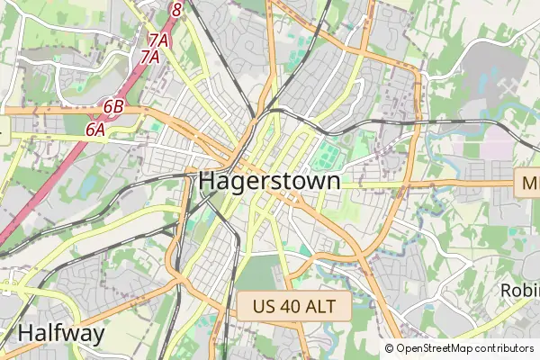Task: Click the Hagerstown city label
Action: pos(269,181)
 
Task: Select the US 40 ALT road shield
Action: pos(294,306)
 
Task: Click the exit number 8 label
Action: pos(176,10)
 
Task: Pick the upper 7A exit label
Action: pos(158,40)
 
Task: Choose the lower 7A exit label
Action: pos(149,57)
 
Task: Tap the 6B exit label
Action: pos(113,106)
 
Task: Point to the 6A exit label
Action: pos(95,130)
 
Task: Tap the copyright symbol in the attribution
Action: pos(389,348)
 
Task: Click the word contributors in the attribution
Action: pos(505,348)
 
